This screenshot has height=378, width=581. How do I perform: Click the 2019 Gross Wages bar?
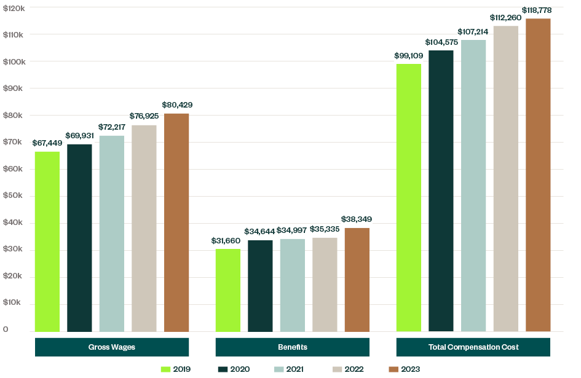[x=47, y=241]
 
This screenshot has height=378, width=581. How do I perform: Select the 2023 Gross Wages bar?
[x=176, y=222]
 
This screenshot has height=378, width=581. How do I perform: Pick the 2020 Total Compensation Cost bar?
[x=441, y=191]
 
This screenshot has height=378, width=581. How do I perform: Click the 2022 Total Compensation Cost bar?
[x=506, y=178]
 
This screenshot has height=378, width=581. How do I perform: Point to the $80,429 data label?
[x=177, y=105]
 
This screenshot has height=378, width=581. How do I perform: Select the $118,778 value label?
[x=539, y=10]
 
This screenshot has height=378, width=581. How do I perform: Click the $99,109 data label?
[x=409, y=55]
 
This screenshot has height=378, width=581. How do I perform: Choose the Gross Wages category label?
[x=112, y=347]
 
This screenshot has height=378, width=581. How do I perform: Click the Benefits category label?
[x=293, y=347]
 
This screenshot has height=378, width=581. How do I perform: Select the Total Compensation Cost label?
[x=473, y=347]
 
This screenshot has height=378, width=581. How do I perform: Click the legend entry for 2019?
[x=176, y=369]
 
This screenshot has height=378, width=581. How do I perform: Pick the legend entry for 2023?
[x=404, y=369]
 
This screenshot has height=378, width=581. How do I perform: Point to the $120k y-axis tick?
[x=14, y=7]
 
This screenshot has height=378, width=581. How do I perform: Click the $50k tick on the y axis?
[x=14, y=196]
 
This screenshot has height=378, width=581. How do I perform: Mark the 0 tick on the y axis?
[x=6, y=330]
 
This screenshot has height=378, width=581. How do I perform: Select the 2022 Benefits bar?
[x=325, y=284]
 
